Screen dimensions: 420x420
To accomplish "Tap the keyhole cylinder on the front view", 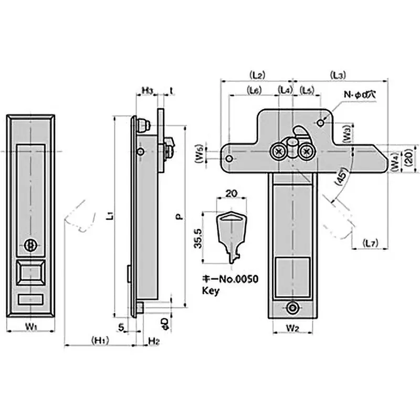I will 31,245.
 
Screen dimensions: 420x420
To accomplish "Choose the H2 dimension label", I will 153,341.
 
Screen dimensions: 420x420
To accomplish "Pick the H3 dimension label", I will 148,90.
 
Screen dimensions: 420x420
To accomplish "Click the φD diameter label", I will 164,320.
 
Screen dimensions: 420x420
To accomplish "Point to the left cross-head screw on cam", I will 278,152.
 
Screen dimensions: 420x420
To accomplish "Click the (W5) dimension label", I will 200,156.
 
